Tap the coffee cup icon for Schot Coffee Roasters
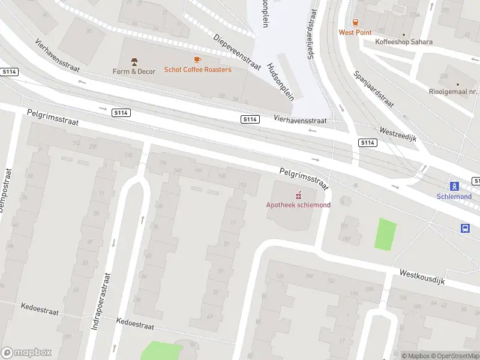pos(197,59)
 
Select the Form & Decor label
pos(134,71)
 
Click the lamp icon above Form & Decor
pos(134,61)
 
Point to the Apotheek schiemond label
pos(298,205)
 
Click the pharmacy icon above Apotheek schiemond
pos(298,195)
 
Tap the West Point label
pos(355,32)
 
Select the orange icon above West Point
pos(355,22)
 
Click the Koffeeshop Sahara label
pos(404,42)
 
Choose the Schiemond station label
pos(454,196)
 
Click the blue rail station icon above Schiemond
pos(454,186)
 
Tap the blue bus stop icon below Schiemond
pos(465,228)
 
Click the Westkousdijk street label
pos(422,277)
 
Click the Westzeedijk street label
pos(398,134)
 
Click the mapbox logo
pos(26,353)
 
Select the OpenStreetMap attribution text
pos(454,356)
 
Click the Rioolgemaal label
pos(457,92)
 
